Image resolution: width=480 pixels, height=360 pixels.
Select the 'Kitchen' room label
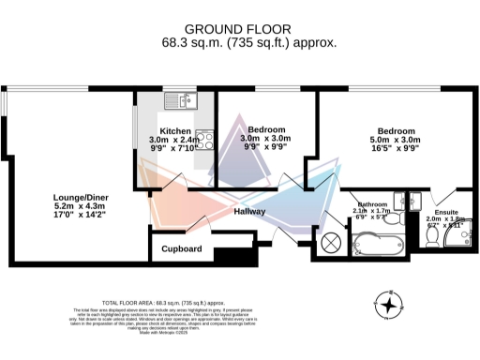[174, 130]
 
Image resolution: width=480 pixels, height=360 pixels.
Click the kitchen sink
[176, 99]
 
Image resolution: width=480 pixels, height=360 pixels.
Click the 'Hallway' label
[250, 212]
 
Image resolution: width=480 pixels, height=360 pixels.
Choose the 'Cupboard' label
[182, 249]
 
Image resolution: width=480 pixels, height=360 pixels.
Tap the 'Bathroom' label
[372, 204]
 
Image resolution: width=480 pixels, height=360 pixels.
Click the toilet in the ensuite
[430, 236]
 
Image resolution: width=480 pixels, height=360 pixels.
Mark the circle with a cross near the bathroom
[331, 242]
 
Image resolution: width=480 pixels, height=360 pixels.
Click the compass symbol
[388, 306]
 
